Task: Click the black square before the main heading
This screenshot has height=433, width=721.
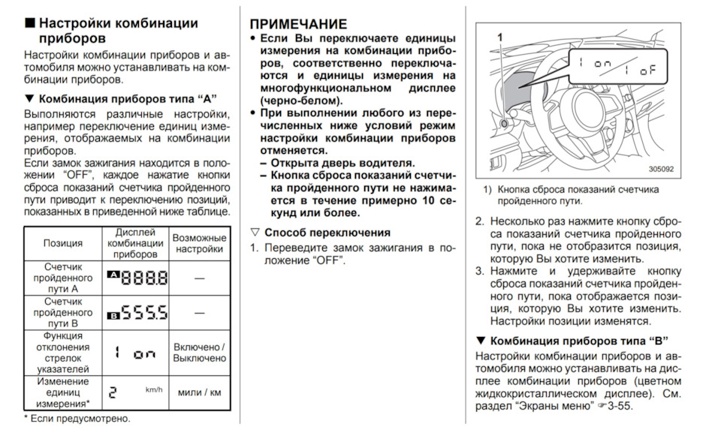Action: [x=29, y=23]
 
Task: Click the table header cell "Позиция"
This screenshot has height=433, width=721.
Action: [x=63, y=243]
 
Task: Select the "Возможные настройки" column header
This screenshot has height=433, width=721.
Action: [x=199, y=243]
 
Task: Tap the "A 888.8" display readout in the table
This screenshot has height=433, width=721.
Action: [x=137, y=278]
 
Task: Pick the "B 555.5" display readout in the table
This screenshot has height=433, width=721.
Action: [x=137, y=312]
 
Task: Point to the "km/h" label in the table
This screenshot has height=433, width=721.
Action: [x=154, y=389]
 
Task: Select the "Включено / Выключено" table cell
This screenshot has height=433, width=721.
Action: [x=199, y=352]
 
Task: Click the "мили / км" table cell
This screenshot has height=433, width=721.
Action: [x=199, y=392]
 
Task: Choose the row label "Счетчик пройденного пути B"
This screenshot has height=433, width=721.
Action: [x=63, y=312]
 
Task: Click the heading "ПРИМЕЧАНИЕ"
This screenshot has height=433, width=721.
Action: [x=298, y=24]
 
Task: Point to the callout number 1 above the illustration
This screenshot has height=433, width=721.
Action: [x=499, y=35]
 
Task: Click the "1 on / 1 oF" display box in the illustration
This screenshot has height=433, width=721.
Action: [x=617, y=65]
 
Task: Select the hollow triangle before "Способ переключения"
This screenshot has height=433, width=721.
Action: [x=255, y=233]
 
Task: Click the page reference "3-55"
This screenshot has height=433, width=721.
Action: [x=620, y=407]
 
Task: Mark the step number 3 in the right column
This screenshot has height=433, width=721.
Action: [x=479, y=271]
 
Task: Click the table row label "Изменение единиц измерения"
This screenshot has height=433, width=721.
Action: [x=63, y=392]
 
